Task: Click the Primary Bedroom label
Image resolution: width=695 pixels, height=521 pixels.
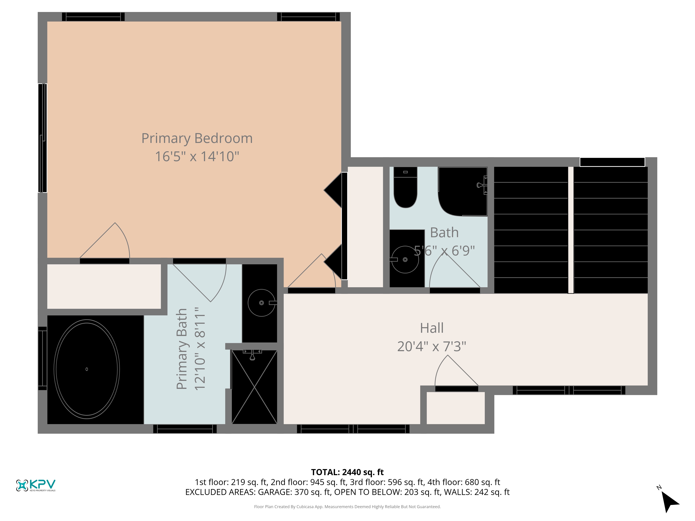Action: [197, 138]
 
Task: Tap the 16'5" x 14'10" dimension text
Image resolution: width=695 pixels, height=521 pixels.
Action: [197, 156]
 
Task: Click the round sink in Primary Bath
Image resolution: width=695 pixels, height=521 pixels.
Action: [261, 303]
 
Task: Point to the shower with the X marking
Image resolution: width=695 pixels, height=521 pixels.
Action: [254, 387]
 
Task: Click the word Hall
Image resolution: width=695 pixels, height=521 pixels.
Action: [432, 328]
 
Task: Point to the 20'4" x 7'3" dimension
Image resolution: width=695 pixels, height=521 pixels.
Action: [432, 346]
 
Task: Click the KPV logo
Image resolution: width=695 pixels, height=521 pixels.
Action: [36, 485]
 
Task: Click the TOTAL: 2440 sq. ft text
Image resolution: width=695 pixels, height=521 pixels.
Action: [347, 472]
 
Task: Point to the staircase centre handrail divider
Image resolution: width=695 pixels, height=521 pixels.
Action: [571, 230]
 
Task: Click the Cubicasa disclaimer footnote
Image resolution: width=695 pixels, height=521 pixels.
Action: [347, 507]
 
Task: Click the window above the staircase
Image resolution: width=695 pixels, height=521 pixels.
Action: [612, 162]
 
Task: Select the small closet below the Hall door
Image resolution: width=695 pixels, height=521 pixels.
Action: [456, 408]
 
